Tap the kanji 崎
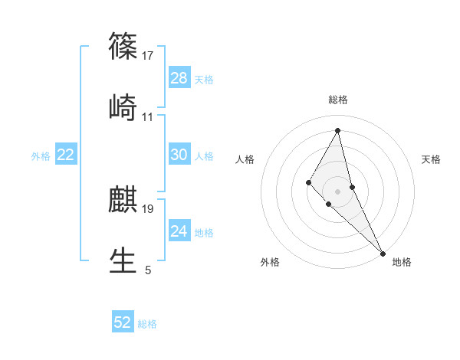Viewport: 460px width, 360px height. (x=123, y=106)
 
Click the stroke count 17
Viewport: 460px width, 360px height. (x=148, y=56)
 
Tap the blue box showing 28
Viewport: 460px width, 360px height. (x=179, y=78)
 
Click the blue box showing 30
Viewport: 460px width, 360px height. (x=179, y=155)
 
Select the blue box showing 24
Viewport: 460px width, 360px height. (x=179, y=231)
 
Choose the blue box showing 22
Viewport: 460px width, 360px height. (x=66, y=155)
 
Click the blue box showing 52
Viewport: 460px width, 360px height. (x=123, y=322)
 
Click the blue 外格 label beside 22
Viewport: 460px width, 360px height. (x=41, y=156)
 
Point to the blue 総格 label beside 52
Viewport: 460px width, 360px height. (x=147, y=324)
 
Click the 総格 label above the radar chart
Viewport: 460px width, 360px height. (x=338, y=100)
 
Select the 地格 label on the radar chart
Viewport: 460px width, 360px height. (x=402, y=262)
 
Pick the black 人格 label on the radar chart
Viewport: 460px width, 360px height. (x=245, y=159)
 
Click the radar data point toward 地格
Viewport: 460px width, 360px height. (x=383, y=253)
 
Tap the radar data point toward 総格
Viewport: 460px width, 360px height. (x=338, y=129)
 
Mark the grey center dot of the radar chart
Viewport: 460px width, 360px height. (x=338, y=191)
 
